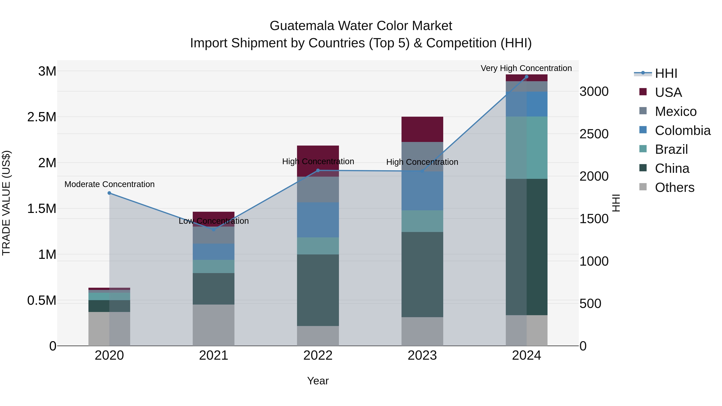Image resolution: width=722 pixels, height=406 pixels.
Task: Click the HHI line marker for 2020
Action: click(109, 193)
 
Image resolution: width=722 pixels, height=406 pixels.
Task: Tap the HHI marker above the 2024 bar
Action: click(526, 77)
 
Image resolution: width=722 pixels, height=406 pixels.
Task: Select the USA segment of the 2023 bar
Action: click(422, 129)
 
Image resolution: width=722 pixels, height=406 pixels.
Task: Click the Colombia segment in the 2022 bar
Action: click(318, 220)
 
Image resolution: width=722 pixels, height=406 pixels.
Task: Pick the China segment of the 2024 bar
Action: click(526, 247)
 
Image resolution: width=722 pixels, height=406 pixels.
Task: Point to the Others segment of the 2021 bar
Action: click(214, 325)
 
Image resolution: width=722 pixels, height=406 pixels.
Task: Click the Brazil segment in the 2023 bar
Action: click(422, 221)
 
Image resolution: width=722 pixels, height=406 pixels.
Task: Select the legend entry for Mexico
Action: click(675, 111)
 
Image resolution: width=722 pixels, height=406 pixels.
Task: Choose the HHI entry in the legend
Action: click(666, 73)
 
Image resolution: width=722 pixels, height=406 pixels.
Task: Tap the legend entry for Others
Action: click(674, 187)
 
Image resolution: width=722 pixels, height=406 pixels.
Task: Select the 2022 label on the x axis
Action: click(318, 355)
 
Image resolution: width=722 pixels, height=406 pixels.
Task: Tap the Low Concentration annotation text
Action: click(214, 221)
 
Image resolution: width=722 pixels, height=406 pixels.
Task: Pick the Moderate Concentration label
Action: click(109, 184)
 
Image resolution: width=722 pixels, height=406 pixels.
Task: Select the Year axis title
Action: click(318, 381)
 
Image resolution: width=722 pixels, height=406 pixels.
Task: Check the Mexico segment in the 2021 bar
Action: click(214, 235)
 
